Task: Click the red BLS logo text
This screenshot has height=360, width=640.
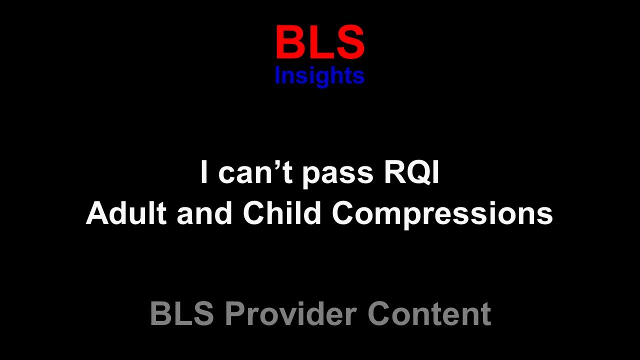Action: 320,43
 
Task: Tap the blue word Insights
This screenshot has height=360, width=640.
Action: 320,76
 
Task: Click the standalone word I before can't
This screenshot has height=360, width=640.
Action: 203,172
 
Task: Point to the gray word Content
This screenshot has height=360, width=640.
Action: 429,313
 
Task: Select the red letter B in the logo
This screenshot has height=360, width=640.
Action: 288,43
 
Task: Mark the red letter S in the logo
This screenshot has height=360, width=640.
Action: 350,43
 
